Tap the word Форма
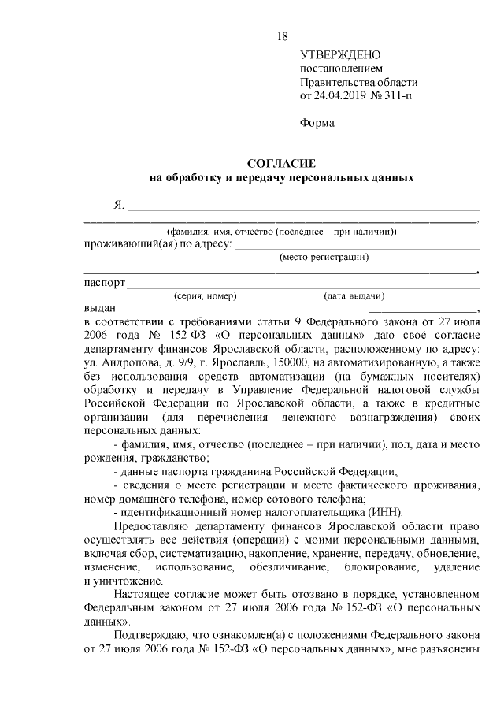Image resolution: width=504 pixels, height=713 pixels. [317, 123]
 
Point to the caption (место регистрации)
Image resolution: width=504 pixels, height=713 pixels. [324, 257]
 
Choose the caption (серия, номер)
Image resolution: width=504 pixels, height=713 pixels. [205, 296]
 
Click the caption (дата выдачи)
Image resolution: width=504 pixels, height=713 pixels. [354, 296]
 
